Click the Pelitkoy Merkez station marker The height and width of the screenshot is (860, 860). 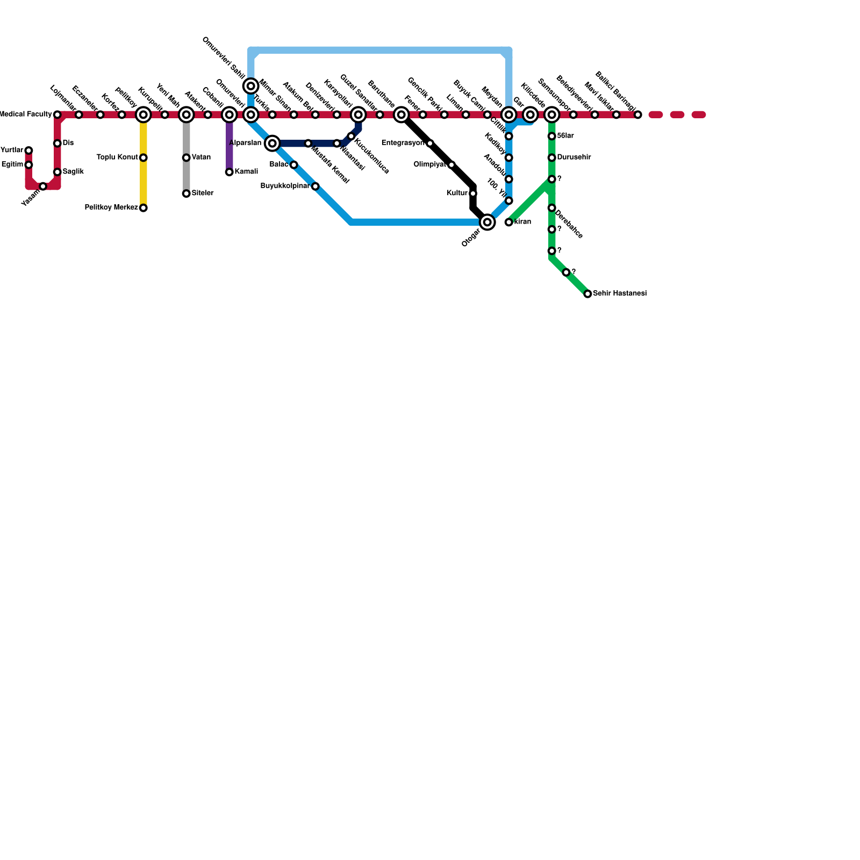(x=143, y=208)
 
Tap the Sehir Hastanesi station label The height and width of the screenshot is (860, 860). (x=619, y=294)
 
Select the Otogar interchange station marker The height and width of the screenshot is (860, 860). (x=487, y=222)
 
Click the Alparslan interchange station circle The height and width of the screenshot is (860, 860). (x=273, y=143)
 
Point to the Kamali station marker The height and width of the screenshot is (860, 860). (x=229, y=172)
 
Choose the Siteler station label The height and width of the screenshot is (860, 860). (x=203, y=193)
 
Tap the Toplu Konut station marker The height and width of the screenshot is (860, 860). (x=143, y=157)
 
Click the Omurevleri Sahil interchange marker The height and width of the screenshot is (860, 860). (x=251, y=86)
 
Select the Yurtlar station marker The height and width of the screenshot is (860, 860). (x=28, y=150)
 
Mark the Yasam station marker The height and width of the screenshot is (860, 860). (x=43, y=186)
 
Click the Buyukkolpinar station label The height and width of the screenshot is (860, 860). (x=284, y=187)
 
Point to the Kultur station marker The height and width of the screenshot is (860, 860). (x=472, y=193)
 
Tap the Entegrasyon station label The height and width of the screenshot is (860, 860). (x=403, y=143)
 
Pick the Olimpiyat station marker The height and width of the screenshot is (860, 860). (x=451, y=164)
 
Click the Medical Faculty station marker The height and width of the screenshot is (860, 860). (x=57, y=114)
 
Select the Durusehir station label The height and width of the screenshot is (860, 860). (x=574, y=157)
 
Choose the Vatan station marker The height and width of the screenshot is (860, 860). (x=186, y=157)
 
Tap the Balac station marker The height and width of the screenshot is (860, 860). (x=293, y=164)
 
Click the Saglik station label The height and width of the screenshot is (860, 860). (x=73, y=172)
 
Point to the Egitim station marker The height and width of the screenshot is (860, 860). (x=28, y=164)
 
